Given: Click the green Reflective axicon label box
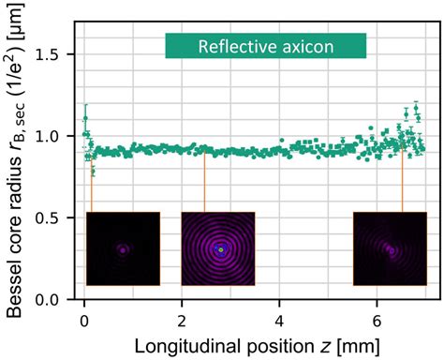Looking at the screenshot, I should (x=265, y=46).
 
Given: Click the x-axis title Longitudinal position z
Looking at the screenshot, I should (x=255, y=344).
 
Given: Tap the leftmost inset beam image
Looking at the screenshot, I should (x=123, y=248).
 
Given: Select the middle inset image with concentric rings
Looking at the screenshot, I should (x=218, y=248).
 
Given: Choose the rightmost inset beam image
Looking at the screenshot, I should (x=389, y=248).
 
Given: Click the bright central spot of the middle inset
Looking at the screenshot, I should (x=220, y=250).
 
